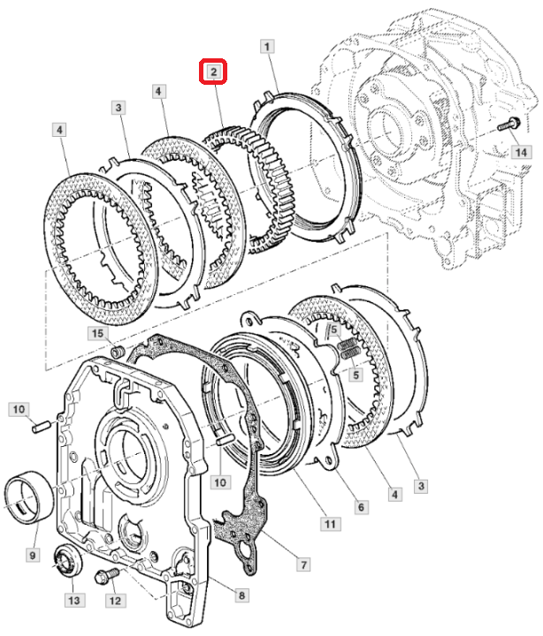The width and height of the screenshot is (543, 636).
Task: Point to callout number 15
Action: pos(97,333)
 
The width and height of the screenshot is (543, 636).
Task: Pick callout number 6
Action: pos(361,507)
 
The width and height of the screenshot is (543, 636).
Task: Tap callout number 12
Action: pos(114,601)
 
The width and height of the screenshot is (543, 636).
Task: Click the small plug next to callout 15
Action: pos(115,353)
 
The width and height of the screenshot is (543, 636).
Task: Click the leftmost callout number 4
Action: pos(58,131)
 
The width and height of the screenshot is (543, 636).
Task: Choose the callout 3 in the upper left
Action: pos(118,108)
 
